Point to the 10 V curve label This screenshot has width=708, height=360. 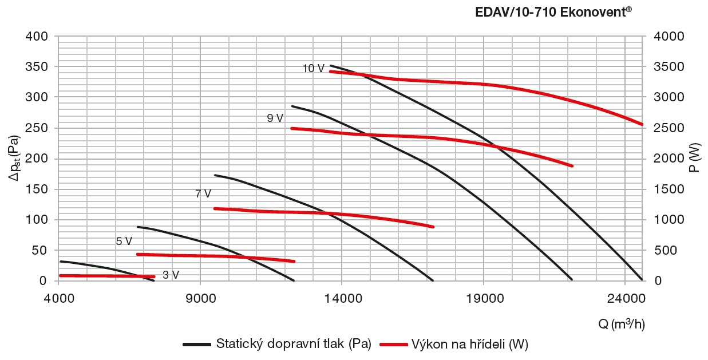[x=313, y=69]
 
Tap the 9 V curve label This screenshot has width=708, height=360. [x=275, y=118]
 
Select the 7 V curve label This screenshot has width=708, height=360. [x=203, y=194]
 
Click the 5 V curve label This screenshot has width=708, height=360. [x=124, y=242]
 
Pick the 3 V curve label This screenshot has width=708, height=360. [x=171, y=275]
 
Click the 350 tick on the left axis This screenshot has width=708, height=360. [x=38, y=67]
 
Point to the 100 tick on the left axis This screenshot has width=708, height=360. [x=38, y=220]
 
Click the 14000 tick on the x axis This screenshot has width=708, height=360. [x=342, y=298]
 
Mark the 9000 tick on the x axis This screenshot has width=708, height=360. [x=200, y=298]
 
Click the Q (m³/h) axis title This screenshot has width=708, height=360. [x=622, y=325]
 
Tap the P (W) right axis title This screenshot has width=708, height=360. [x=695, y=159]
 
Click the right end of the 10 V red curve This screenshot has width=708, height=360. [x=642, y=124]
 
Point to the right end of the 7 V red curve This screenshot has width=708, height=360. [x=433, y=227]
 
